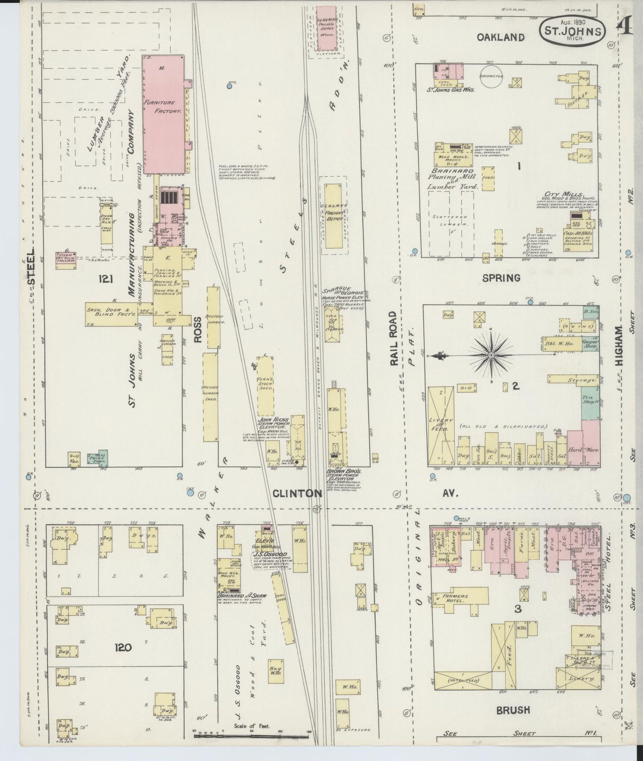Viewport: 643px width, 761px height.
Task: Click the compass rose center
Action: [x=491, y=355]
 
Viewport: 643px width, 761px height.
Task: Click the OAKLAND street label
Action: [x=501, y=38]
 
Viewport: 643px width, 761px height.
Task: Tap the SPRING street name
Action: [x=501, y=278]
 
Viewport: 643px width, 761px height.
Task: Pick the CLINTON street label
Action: [x=297, y=493]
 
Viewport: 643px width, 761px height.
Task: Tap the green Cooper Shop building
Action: [x=590, y=345]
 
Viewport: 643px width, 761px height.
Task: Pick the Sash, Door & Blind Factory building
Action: [x=111, y=314]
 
